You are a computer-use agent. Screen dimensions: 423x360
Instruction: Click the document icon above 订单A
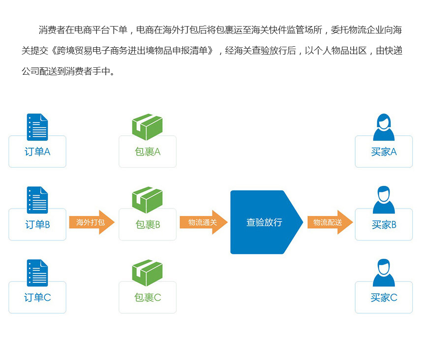[37, 127]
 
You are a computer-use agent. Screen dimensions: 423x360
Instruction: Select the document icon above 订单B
[37, 200]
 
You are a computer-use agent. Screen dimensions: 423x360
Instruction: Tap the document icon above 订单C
[37, 273]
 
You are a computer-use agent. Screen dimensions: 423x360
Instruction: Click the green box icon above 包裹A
[147, 127]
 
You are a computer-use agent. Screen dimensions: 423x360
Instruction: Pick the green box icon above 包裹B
[147, 200]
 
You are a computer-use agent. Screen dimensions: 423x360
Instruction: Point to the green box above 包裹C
[147, 273]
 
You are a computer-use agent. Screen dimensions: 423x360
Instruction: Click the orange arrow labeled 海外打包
[92, 222]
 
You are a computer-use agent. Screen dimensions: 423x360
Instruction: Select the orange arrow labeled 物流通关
[204, 222]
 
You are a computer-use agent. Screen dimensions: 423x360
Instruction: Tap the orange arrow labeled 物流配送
[330, 222]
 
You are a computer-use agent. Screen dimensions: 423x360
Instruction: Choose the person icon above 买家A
[384, 127]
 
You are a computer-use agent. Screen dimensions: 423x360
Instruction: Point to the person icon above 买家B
[384, 200]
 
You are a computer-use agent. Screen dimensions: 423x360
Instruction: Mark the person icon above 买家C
[384, 272]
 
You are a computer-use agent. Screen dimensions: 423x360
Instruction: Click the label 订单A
[37, 152]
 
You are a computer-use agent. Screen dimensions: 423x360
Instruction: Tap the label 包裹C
[148, 298]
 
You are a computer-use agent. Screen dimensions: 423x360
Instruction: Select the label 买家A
[384, 152]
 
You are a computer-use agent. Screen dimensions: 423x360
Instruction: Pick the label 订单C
[37, 298]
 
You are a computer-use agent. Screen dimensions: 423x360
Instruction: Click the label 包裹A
[148, 152]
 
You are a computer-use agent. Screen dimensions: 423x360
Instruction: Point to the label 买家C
[384, 298]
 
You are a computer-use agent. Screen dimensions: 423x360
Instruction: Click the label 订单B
[37, 225]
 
